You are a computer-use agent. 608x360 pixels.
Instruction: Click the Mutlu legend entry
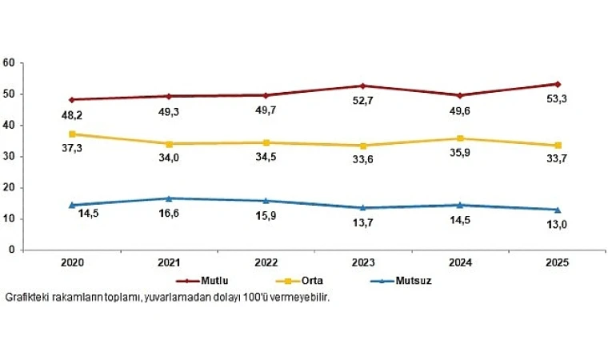pyautogui.click(x=214, y=281)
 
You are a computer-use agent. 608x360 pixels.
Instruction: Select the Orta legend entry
pyautogui.click(x=307, y=281)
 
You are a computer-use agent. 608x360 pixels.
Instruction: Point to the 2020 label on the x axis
pyautogui.click(x=72, y=262)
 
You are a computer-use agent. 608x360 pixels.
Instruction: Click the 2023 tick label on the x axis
pyautogui.click(x=363, y=262)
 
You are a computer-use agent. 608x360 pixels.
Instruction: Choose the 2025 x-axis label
pyautogui.click(x=558, y=262)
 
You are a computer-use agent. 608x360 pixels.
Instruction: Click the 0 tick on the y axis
pyautogui.click(x=13, y=250)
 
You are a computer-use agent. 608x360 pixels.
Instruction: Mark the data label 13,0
pyautogui.click(x=548, y=226)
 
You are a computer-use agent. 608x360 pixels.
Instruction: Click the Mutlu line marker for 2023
pyautogui.click(x=363, y=86)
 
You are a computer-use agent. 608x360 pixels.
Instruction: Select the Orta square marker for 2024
pyautogui.click(x=460, y=138)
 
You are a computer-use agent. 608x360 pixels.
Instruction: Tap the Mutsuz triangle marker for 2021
pyautogui.click(x=169, y=198)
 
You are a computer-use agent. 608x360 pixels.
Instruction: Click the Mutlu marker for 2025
pyautogui.click(x=558, y=84)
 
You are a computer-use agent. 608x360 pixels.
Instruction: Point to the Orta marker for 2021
pyautogui.click(x=169, y=144)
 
